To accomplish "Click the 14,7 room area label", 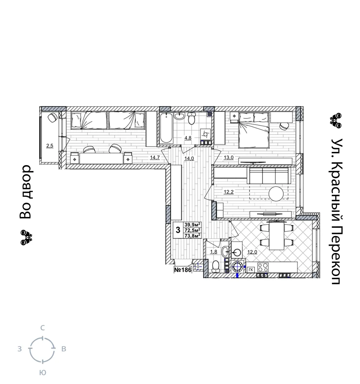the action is tap(155, 158).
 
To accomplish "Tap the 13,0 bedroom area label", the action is tap(229, 158).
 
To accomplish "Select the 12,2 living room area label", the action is tap(229, 192).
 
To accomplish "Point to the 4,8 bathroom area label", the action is tap(188, 138).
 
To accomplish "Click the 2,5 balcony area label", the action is tap(50, 146).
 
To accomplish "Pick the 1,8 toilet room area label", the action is tap(213, 252).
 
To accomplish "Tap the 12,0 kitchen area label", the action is tap(252, 252).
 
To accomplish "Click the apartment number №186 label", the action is tap(183, 270).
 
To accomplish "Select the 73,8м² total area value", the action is tap(193, 236).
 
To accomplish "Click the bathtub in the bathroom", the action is tap(166, 128).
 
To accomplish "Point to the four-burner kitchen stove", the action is tap(263, 267).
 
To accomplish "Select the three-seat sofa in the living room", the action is tap(269, 175).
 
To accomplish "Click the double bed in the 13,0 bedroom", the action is tap(254, 130).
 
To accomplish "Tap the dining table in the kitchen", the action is tap(277, 235).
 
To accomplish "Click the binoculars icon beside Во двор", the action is tap(26, 237).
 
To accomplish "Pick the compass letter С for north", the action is tap(42, 328).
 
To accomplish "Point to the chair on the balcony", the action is tap(52, 118).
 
